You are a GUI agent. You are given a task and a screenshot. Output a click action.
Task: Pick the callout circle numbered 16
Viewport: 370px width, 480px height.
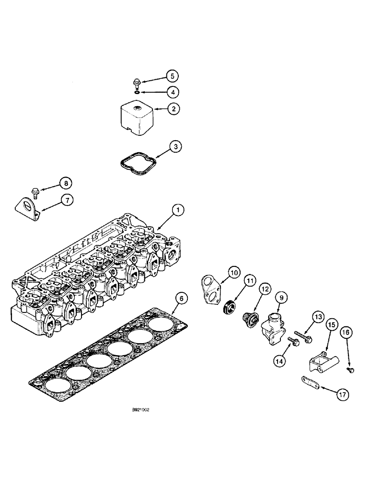point(347,332)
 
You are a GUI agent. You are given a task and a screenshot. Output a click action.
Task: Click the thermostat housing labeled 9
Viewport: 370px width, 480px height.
point(270,326)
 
